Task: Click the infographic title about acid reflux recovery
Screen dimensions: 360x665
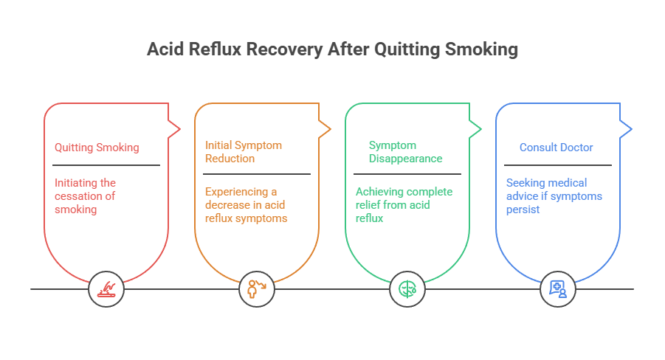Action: [332, 49]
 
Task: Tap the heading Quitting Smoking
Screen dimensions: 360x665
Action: [97, 148]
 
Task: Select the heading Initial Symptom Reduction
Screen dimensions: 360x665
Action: [243, 152]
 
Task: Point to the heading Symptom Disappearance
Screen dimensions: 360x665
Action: [405, 152]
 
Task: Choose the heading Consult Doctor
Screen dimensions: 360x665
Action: [556, 148]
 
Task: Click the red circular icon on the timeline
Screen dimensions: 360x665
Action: [106, 288]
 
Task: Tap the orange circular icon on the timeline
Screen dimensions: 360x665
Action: [257, 288]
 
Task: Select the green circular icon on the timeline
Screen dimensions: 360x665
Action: [407, 288]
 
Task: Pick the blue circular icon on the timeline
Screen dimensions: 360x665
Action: [558, 288]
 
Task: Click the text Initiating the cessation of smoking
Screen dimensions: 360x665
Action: [86, 195]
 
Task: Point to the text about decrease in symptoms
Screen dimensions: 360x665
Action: [246, 204]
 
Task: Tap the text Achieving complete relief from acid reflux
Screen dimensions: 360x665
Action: [404, 204]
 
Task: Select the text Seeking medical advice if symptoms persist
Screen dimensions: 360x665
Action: [554, 195]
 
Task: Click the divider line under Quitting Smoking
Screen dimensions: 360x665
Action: [106, 165]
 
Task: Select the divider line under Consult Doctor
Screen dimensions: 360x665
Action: [558, 165]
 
